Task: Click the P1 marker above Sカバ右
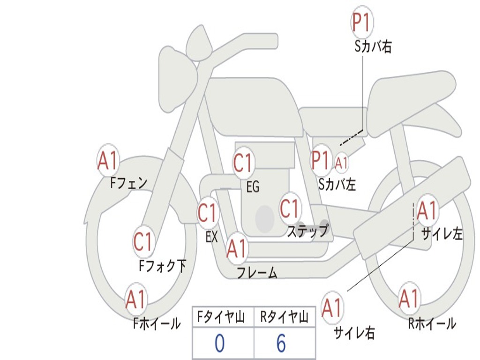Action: click(x=362, y=22)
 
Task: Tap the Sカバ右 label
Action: click(x=373, y=46)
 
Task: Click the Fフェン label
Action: click(x=129, y=183)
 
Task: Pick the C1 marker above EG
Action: click(x=243, y=163)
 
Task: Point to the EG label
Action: click(x=253, y=187)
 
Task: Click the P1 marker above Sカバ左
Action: click(x=321, y=160)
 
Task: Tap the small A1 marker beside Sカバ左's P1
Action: click(x=341, y=163)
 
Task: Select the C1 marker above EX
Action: click(x=208, y=213)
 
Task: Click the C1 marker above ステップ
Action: click(x=290, y=209)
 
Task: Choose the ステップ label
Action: click(x=307, y=231)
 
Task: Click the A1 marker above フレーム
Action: click(x=237, y=248)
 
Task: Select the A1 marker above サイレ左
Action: click(x=427, y=210)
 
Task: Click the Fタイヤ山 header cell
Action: click(x=223, y=317)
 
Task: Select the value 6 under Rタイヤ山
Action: click(x=281, y=343)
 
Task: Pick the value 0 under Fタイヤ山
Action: click(x=219, y=343)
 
